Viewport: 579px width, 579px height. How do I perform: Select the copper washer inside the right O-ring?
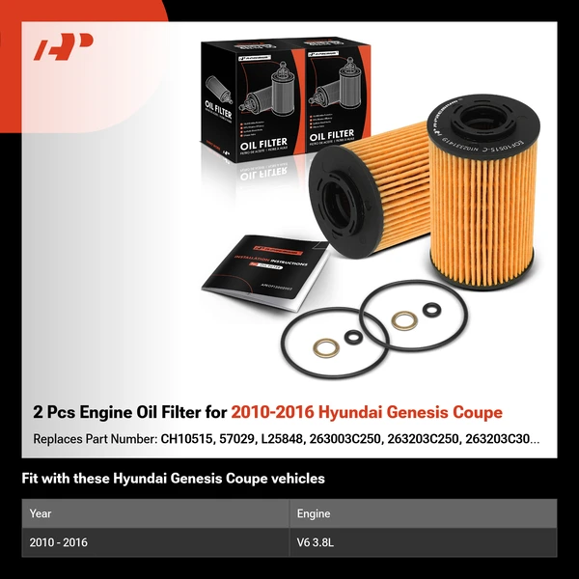[403, 319]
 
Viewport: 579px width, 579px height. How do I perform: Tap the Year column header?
[41, 514]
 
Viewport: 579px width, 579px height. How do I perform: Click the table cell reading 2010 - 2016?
[59, 542]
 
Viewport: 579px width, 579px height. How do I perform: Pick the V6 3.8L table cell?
[317, 542]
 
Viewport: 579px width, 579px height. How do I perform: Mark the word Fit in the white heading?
[30, 478]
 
